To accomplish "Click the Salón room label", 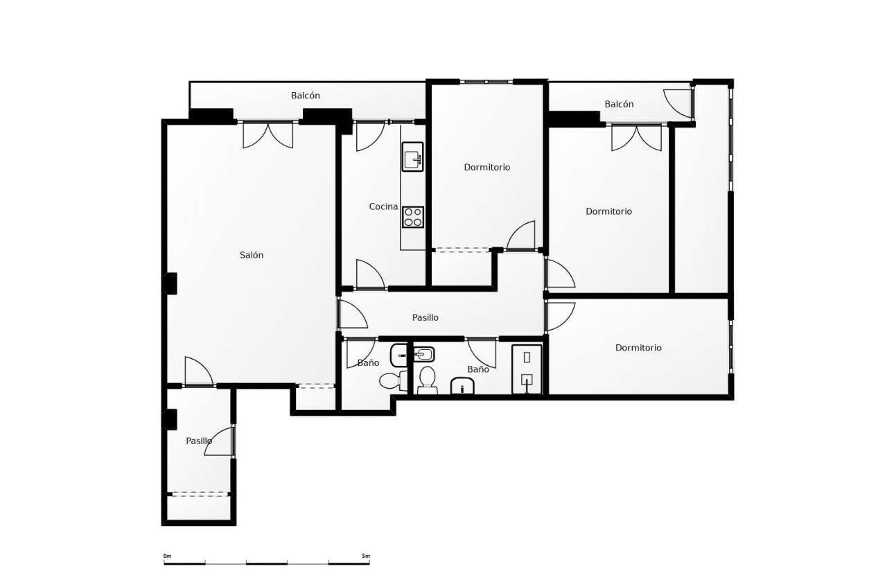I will pyautogui.click(x=252, y=255).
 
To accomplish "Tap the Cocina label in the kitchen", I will pyautogui.click(x=383, y=206).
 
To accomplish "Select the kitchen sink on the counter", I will pyautogui.click(x=413, y=157).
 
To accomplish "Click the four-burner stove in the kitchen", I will pyautogui.click(x=413, y=218).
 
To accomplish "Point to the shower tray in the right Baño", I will pyautogui.click(x=527, y=369).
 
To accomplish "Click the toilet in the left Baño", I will pyautogui.click(x=393, y=380).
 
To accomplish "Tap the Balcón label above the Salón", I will pyautogui.click(x=306, y=96).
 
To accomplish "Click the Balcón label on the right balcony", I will pyautogui.click(x=619, y=104).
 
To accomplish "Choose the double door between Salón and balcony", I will pyautogui.click(x=268, y=135).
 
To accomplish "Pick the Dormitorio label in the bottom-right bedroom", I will pyautogui.click(x=638, y=348).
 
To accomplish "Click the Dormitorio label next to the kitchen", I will pyautogui.click(x=487, y=167).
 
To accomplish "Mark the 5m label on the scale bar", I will pyautogui.click(x=365, y=556).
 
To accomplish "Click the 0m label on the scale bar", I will pyautogui.click(x=167, y=556).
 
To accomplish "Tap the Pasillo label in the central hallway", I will pyautogui.click(x=426, y=317).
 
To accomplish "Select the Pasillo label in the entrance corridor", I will pyautogui.click(x=199, y=441).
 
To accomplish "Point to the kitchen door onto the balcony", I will pyautogui.click(x=369, y=136).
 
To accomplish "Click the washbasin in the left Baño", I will pyautogui.click(x=399, y=355).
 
